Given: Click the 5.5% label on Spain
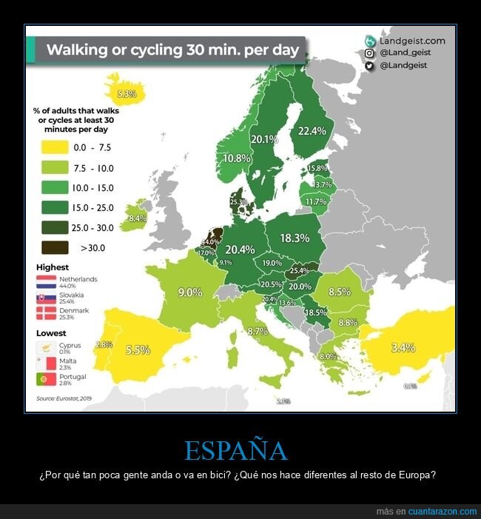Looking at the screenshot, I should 138,349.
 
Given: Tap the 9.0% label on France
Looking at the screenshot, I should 190,292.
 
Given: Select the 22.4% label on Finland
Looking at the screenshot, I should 312,131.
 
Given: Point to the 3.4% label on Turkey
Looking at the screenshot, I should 403,346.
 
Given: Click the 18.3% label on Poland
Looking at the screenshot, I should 295,238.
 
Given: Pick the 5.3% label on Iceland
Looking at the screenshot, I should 127,94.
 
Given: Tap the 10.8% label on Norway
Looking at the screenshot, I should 237,158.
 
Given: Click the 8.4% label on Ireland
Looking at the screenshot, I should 138,218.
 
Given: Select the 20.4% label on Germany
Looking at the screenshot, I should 240,250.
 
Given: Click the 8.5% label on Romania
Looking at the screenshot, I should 339,292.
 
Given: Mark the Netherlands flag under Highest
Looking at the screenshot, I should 47,281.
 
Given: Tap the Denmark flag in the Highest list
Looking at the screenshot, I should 47,314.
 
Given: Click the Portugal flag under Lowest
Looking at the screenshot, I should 47,380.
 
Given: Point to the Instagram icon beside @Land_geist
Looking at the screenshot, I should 369,53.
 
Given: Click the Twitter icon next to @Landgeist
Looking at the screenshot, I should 369,66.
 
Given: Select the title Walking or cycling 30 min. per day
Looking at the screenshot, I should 172,50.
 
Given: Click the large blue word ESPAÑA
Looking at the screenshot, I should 235,451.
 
